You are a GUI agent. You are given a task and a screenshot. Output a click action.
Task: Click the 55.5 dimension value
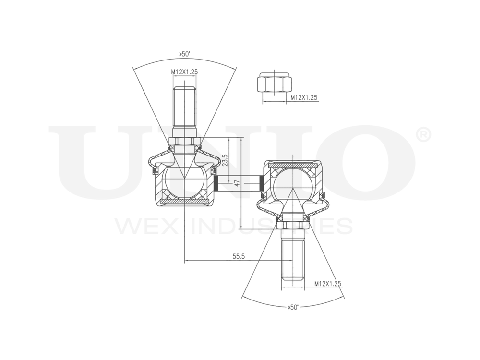click(239, 257)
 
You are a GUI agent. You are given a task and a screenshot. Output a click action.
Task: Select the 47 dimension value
click(236, 183)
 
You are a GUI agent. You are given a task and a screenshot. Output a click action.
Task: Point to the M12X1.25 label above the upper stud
click(185, 72)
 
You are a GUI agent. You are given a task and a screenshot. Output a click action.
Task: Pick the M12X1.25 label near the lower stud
click(328, 284)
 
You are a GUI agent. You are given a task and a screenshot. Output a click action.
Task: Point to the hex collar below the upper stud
click(185, 141)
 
